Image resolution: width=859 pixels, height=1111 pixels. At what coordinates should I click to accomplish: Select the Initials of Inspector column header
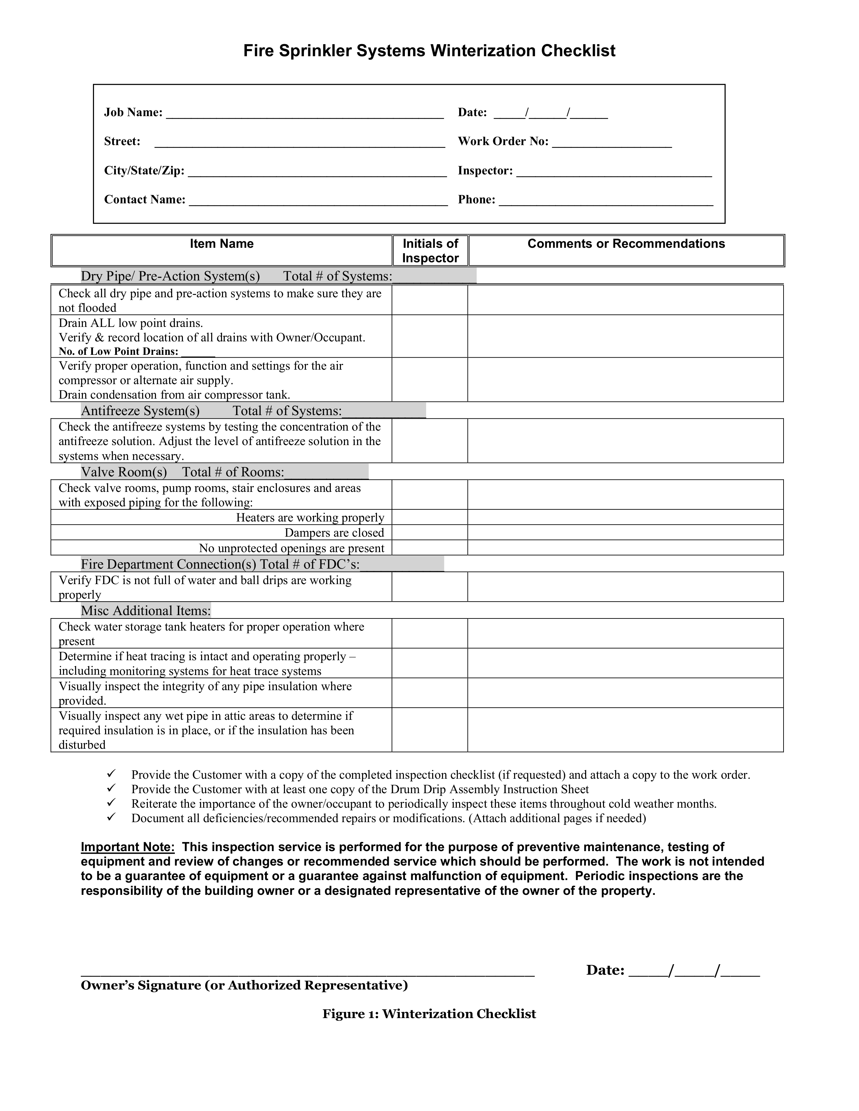pyautogui.click(x=430, y=251)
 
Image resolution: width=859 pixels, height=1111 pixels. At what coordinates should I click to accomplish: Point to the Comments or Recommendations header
pyautogui.click(x=626, y=244)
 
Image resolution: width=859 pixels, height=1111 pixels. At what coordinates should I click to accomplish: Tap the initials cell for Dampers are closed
pyautogui.click(x=429, y=533)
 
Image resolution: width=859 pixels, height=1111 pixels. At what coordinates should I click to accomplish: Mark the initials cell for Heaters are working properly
pyautogui.click(x=429, y=517)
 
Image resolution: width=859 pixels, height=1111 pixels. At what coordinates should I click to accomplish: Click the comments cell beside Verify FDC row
pyautogui.click(x=625, y=587)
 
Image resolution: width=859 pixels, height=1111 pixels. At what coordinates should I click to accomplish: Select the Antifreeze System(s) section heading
pyautogui.click(x=140, y=411)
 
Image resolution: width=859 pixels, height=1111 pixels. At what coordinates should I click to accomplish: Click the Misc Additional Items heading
pyautogui.click(x=146, y=611)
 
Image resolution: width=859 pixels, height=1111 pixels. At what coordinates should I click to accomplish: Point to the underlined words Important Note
pyautogui.click(x=128, y=847)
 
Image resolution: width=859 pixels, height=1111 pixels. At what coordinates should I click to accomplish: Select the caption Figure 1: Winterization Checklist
pyautogui.click(x=429, y=1014)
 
